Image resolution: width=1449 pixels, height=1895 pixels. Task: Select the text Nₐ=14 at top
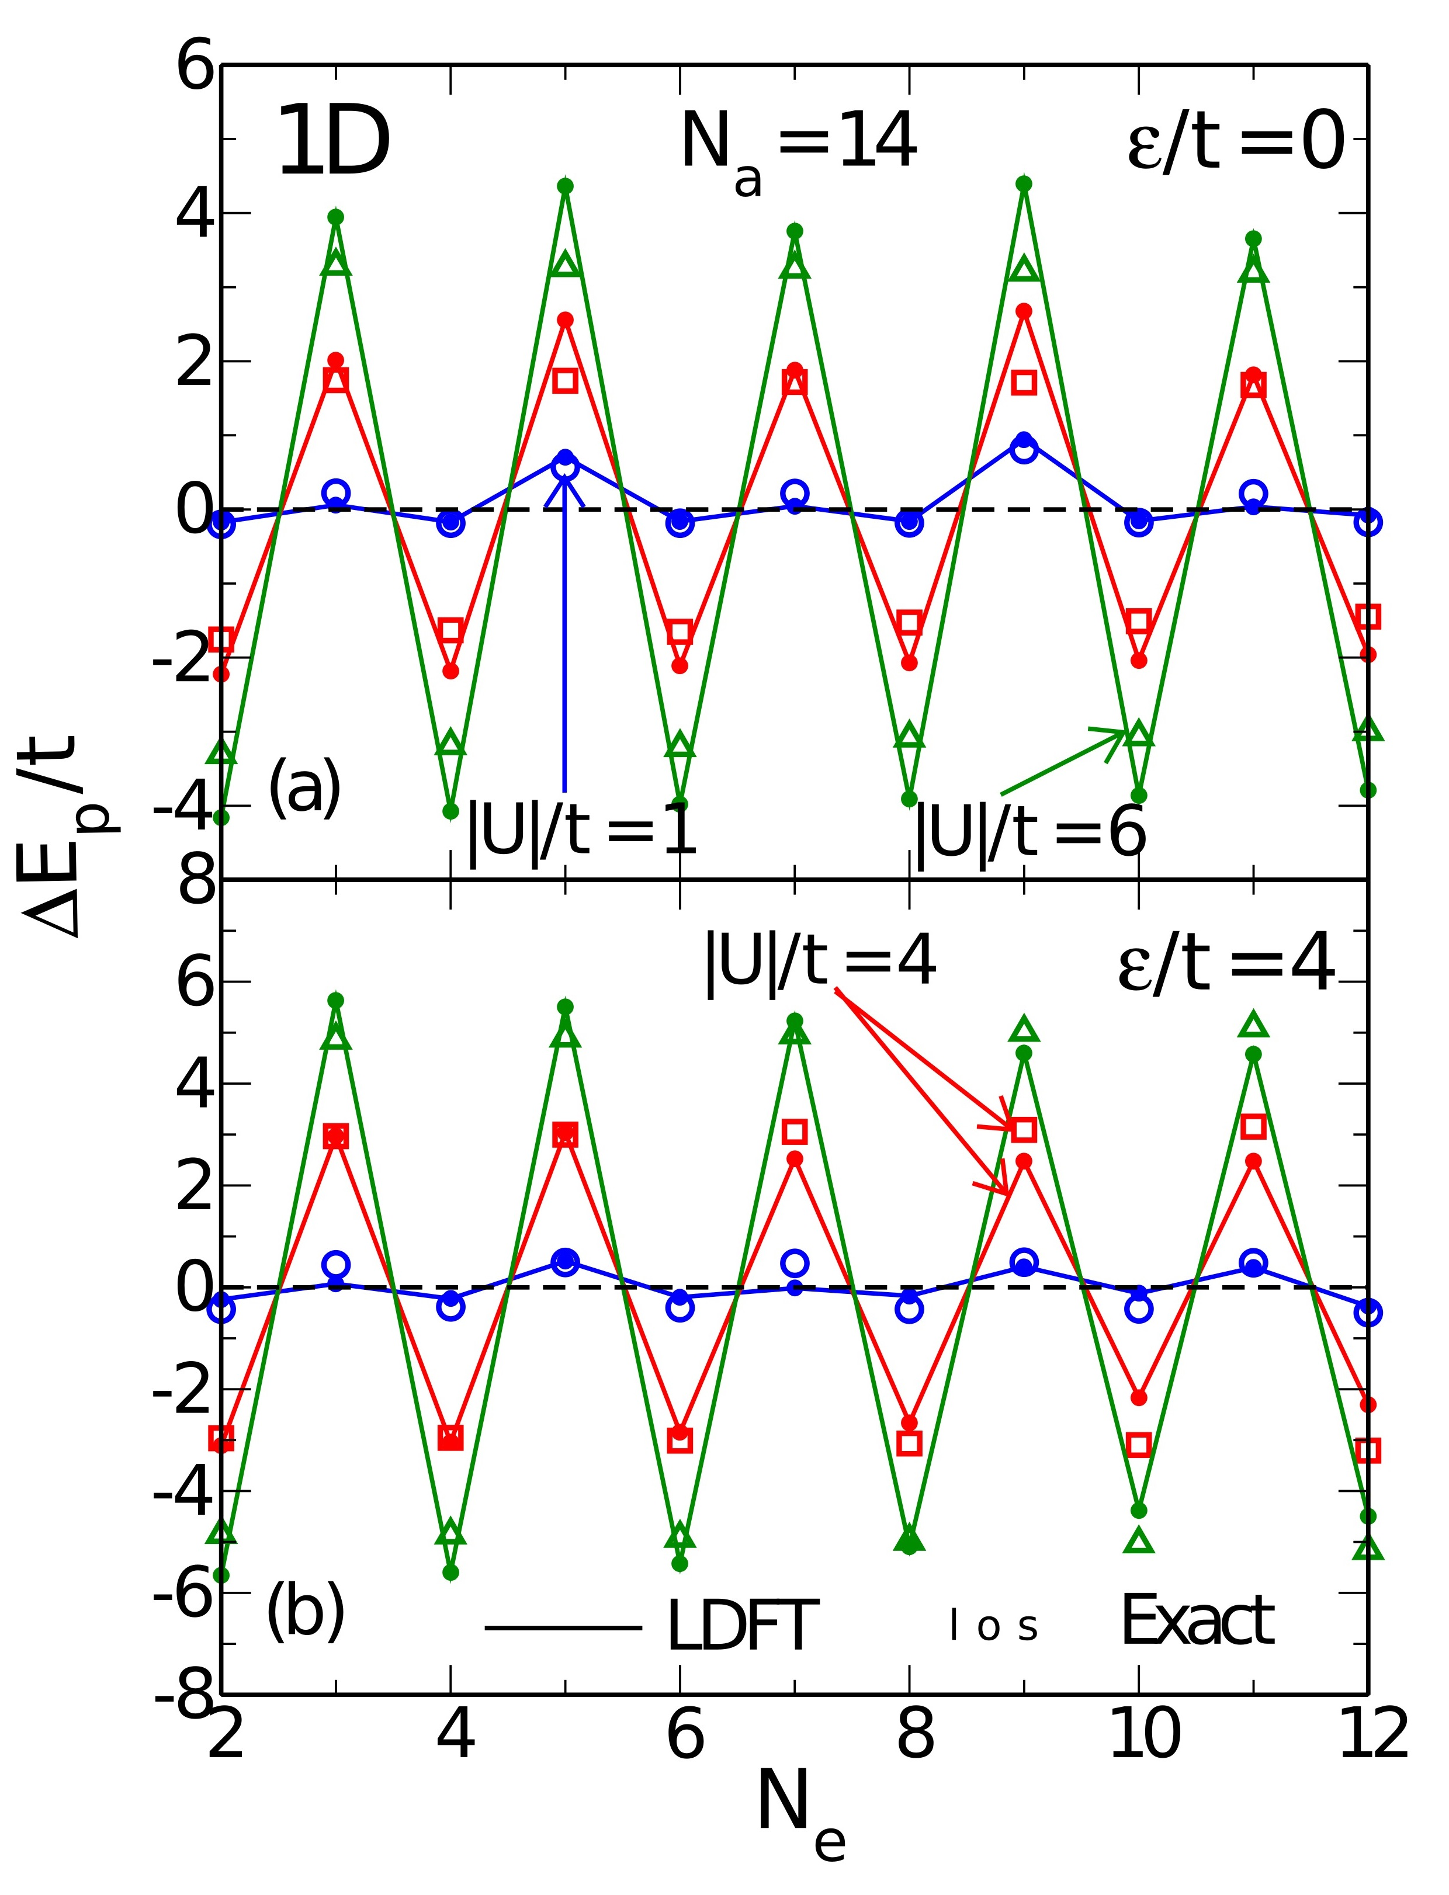(798, 147)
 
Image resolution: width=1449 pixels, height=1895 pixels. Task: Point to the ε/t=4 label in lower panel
(1226, 966)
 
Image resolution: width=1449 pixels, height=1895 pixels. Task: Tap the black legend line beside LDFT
(563, 1627)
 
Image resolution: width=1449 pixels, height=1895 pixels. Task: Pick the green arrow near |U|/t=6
(1065, 761)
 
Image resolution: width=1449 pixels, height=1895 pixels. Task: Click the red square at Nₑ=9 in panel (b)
(1023, 1129)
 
